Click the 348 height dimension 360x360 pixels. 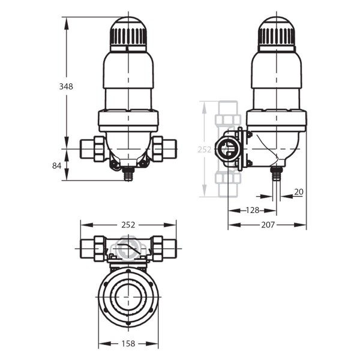[x=66, y=86]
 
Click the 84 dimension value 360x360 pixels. [x=57, y=165]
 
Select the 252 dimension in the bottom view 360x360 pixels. [x=128, y=225]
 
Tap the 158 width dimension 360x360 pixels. [x=128, y=344]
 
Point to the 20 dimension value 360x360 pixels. [x=298, y=192]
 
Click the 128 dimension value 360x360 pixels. [x=252, y=210]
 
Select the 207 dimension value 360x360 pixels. [x=268, y=225]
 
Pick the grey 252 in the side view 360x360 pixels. [x=205, y=149]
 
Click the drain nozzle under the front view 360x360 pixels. [x=128, y=175]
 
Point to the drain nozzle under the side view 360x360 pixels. [x=276, y=174]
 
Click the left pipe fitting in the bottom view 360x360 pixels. [x=92, y=247]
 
